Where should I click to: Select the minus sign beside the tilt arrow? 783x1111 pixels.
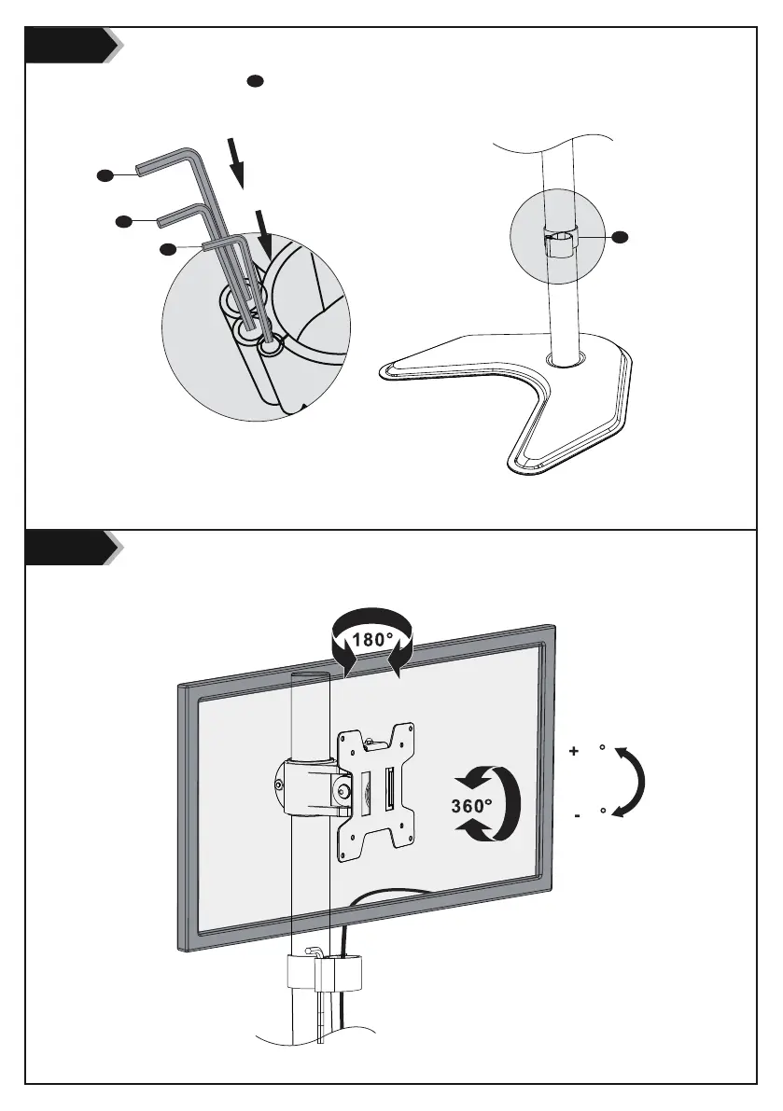[x=579, y=815]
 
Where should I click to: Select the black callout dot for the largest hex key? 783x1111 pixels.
[x=105, y=174]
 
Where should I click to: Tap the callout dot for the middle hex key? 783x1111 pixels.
[x=122, y=221]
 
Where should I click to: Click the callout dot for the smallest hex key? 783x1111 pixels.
[x=167, y=249]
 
